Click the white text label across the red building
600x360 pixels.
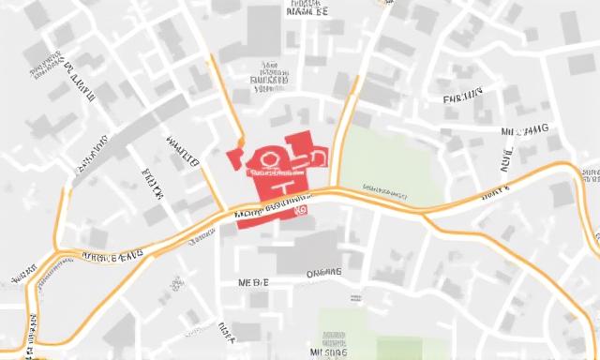coord(275,173)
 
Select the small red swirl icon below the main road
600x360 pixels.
coord(301,212)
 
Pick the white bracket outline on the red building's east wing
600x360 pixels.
coord(316,155)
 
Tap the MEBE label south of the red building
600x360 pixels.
coord(253,282)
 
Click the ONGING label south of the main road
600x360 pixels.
coord(324,274)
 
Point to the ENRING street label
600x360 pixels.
coord(462,97)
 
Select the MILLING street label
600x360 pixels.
coord(525,130)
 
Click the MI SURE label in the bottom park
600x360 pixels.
coord(329,352)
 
